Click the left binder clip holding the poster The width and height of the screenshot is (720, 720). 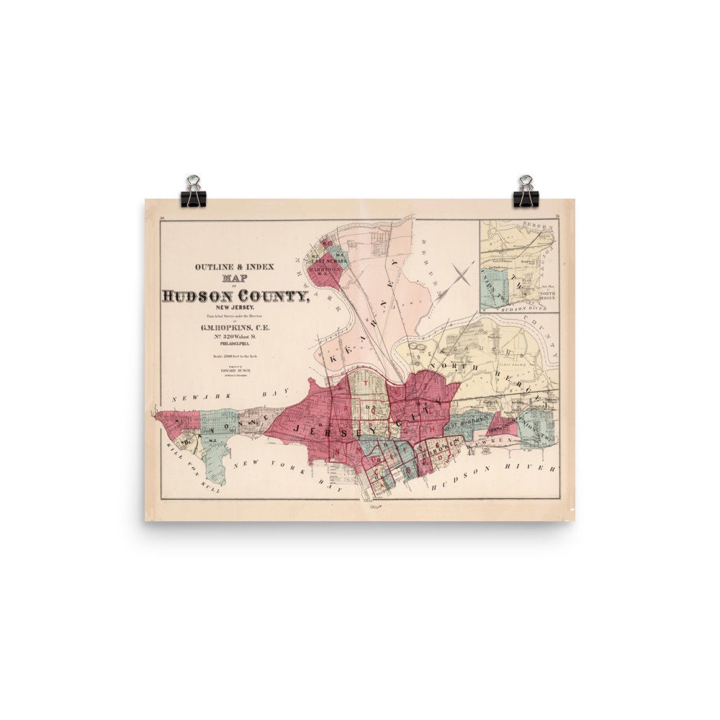point(193,192)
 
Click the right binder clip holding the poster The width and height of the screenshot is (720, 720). point(526,192)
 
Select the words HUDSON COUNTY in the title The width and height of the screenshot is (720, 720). point(235,297)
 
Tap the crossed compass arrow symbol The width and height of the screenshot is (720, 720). point(462,274)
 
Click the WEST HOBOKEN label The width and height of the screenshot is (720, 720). point(472,418)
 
